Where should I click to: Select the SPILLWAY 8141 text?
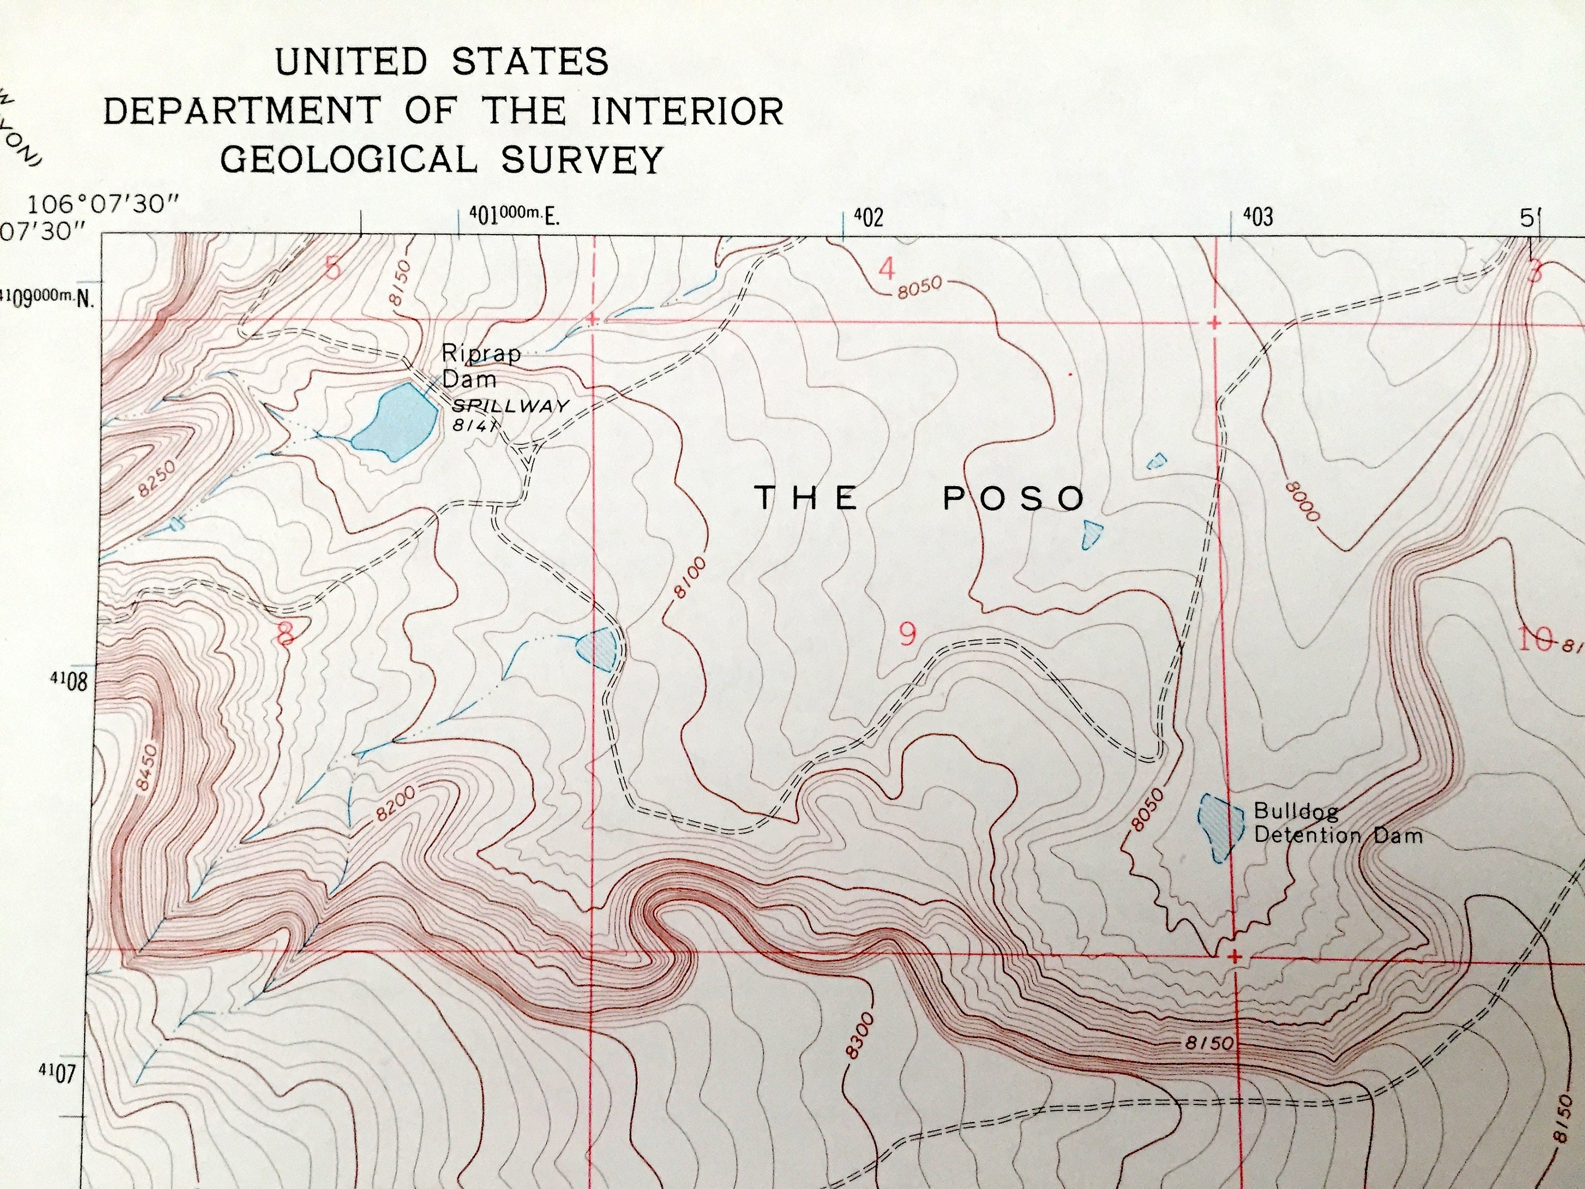click(509, 414)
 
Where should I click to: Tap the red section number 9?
click(907, 634)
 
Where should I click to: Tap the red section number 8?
click(285, 634)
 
